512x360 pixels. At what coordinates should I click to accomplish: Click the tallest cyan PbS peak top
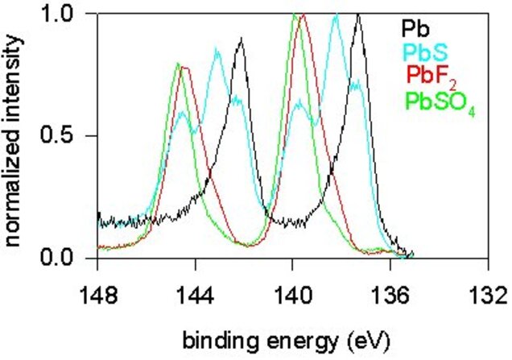(x=336, y=14)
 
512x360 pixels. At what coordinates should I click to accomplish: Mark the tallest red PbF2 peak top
(x=303, y=14)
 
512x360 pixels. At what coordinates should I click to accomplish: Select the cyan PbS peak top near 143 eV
(x=217, y=50)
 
